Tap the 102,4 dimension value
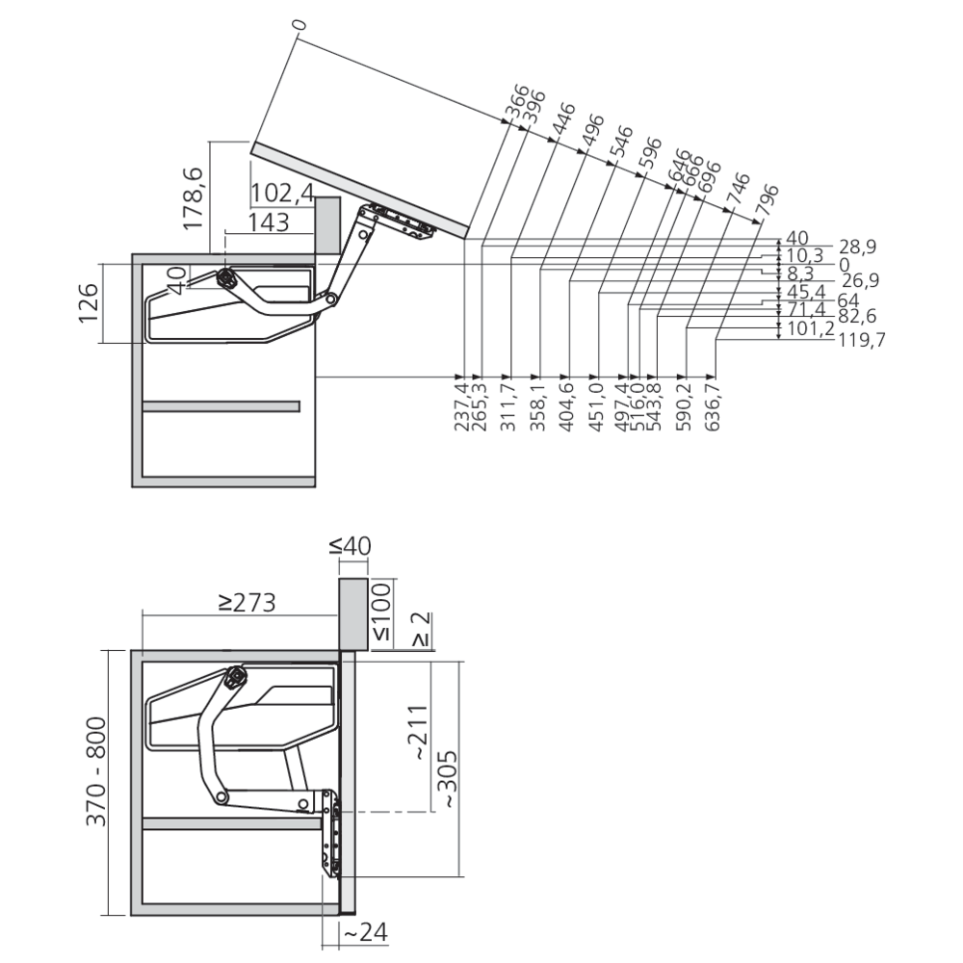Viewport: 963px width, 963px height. coord(282,193)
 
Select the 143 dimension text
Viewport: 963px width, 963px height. coord(269,222)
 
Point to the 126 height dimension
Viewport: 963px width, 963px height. coord(89,302)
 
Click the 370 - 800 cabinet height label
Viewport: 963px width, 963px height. coord(95,770)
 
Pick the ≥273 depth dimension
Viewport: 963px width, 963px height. coord(247,603)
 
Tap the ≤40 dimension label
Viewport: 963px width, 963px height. coord(351,545)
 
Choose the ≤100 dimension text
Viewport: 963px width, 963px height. coord(381,612)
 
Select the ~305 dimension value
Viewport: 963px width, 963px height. coord(448,779)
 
